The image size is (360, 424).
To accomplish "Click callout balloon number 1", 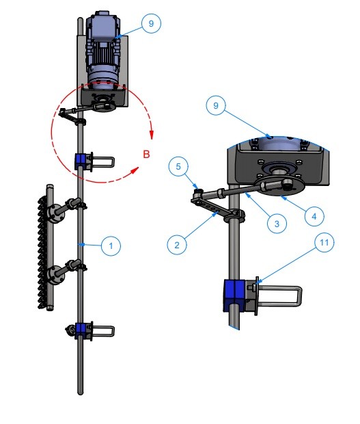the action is coord(111,246).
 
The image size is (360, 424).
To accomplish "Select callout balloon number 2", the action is coord(177,245).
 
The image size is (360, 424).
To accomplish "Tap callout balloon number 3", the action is coord(277,224).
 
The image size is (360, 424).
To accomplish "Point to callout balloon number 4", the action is coord(314,216).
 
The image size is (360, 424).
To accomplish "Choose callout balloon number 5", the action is coord(178,166).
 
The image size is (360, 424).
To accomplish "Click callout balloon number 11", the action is coord(324,242).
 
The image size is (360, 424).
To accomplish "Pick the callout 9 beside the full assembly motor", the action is coord(151,23).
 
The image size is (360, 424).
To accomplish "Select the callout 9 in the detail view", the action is coord(216,105).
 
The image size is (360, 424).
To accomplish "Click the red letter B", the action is coord(146,154).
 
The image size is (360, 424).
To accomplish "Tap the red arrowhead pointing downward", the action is coord(152,135).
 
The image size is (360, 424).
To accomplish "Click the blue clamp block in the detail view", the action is coord(234,295).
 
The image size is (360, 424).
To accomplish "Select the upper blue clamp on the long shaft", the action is coord(80,161).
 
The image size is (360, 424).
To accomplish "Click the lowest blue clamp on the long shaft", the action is coord(80,331).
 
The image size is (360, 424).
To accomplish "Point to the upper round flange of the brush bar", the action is coord(55,214).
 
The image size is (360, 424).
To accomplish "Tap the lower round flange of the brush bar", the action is coord(55,276).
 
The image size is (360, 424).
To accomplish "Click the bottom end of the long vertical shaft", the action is coord(81,393).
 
